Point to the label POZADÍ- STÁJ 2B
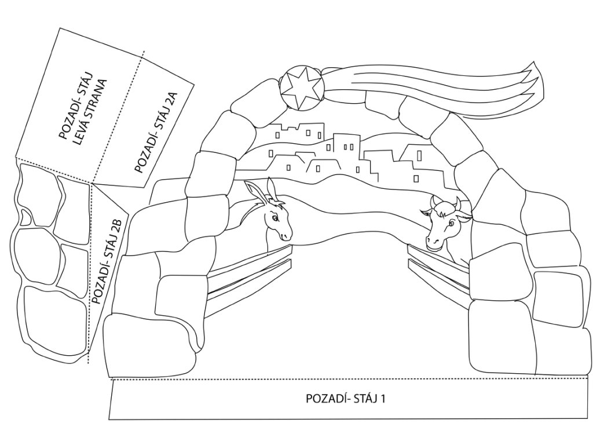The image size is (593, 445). (106, 260)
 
